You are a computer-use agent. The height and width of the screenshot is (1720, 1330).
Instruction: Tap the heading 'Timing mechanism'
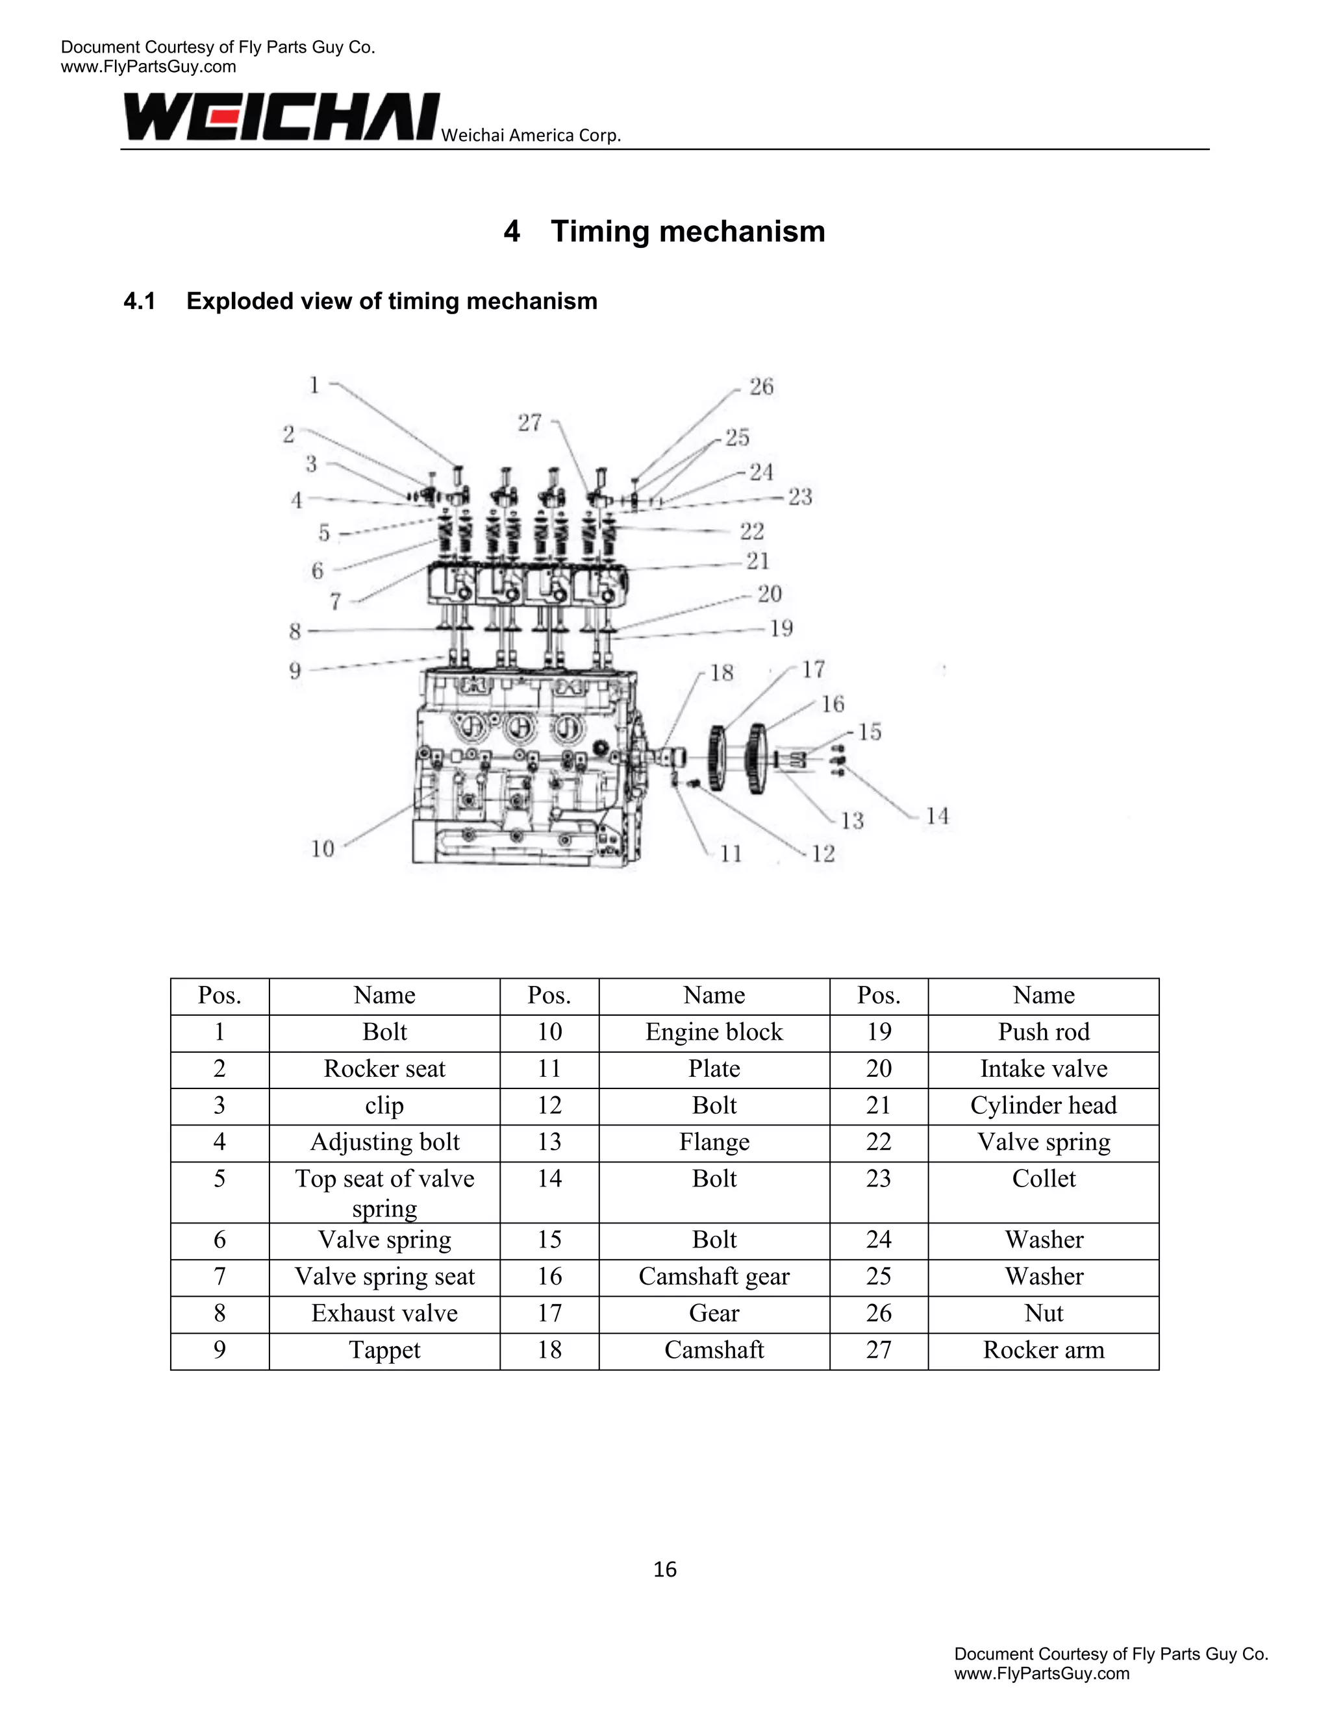(687, 232)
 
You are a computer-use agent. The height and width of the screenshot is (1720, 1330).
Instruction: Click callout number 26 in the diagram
(761, 387)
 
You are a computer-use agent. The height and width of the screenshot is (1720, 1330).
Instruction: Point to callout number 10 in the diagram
(322, 849)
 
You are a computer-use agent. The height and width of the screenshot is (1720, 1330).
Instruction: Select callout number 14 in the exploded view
(937, 816)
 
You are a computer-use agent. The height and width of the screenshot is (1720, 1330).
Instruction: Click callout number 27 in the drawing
(529, 423)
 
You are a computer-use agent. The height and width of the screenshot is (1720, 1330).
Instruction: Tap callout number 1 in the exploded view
(314, 385)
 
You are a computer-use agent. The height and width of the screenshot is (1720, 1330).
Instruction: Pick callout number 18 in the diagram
(721, 672)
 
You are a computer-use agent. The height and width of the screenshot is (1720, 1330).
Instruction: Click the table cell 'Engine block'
(714, 1032)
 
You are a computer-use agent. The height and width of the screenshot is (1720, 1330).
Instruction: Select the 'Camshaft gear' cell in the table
(714, 1276)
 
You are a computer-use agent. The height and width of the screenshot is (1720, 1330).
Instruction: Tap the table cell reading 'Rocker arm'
(1043, 1350)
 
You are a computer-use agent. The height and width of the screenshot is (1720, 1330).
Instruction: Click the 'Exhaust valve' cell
(384, 1313)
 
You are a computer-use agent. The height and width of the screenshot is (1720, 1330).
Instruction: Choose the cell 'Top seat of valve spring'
(384, 1192)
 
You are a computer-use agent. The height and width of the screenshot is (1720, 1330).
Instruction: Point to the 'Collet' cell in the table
(1043, 1179)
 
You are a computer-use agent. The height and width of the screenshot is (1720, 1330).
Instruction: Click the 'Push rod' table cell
(1043, 1032)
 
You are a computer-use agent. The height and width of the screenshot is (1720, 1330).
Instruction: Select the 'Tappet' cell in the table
(384, 1350)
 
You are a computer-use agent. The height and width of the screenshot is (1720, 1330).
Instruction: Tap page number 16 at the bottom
(665, 1569)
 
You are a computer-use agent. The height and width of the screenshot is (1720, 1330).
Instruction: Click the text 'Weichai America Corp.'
(531, 136)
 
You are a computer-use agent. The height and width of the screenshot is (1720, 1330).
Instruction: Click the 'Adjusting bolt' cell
(384, 1142)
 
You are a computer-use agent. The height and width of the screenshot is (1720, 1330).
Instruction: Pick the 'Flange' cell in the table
(714, 1142)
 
